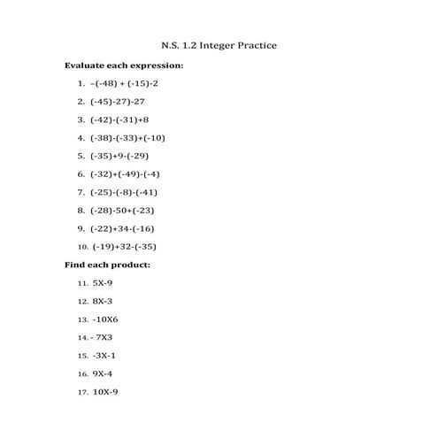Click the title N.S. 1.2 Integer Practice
[219, 43]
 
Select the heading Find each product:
[108, 265]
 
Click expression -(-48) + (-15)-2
[124, 83]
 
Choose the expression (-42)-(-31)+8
[119, 119]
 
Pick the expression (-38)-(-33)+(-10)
[127, 137]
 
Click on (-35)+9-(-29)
[120, 156]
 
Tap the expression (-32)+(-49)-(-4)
[125, 173]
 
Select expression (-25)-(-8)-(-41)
[124, 192]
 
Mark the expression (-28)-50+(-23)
[122, 210]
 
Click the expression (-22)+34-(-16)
[122, 228]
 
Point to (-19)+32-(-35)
[124, 247]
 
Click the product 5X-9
[103, 283]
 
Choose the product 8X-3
[103, 301]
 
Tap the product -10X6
[105, 319]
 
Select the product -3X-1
[104, 356]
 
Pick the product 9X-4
[103, 373]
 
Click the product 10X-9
[105, 392]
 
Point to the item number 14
[82, 338]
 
